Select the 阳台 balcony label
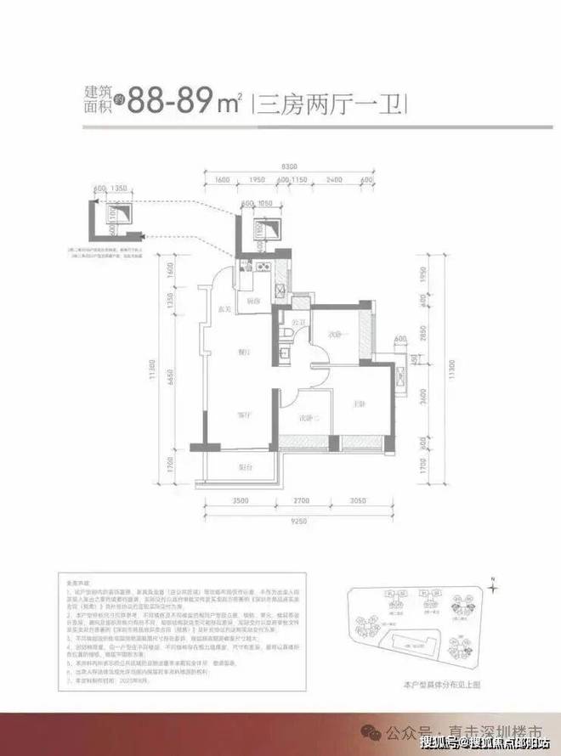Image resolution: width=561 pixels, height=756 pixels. tap(243, 467)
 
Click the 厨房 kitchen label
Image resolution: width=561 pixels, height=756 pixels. tap(252, 301)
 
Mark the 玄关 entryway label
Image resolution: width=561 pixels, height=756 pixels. tap(224, 307)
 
